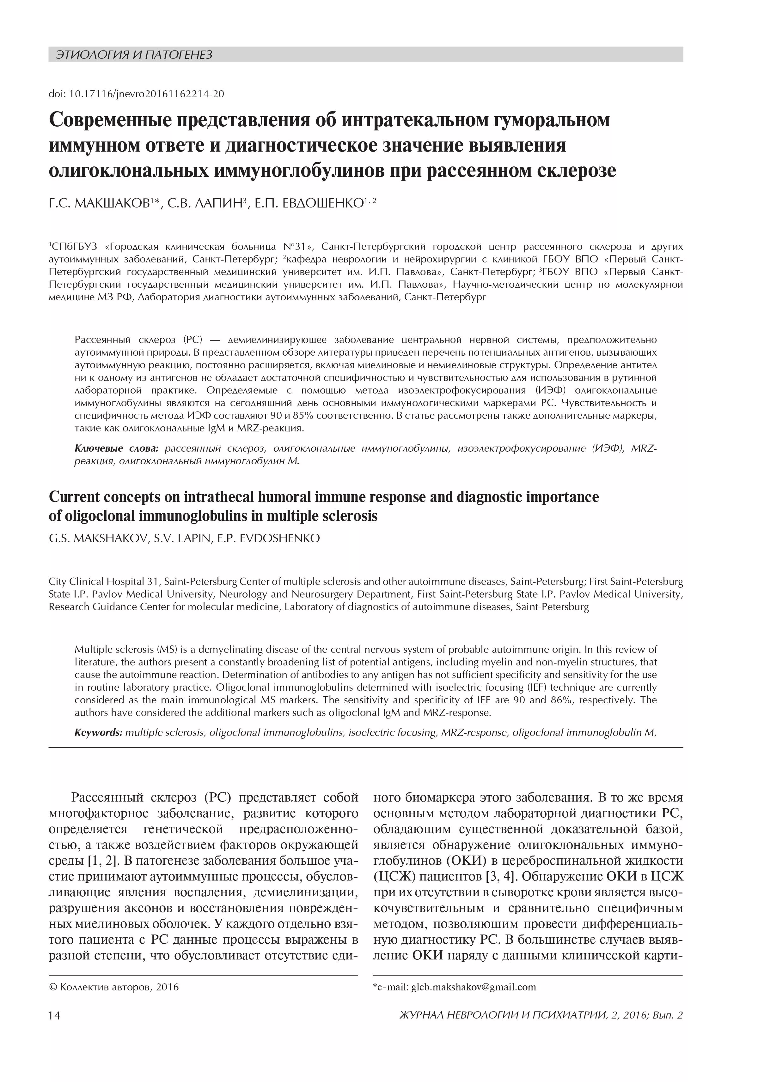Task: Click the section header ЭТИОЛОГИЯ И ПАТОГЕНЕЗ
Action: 134,55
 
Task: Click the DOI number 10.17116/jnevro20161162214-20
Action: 146,94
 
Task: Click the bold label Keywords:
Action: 99,732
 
